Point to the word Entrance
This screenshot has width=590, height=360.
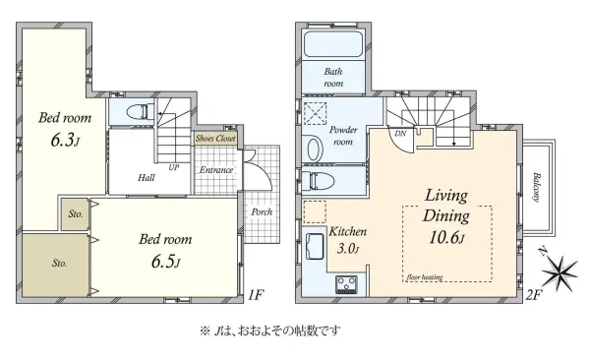pyautogui.click(x=216, y=170)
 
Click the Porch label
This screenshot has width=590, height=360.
pyautogui.click(x=263, y=210)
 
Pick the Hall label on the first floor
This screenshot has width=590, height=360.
pyautogui.click(x=146, y=178)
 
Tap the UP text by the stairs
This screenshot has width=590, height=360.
pyautogui.click(x=175, y=167)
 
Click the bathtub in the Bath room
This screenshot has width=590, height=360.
pyautogui.click(x=332, y=44)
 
